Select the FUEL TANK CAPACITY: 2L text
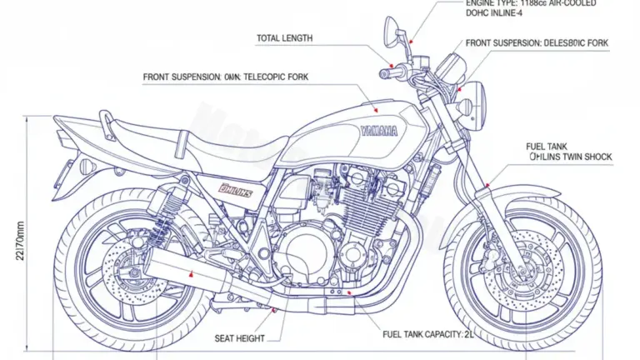[x=422, y=334]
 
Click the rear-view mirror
[x=391, y=32]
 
